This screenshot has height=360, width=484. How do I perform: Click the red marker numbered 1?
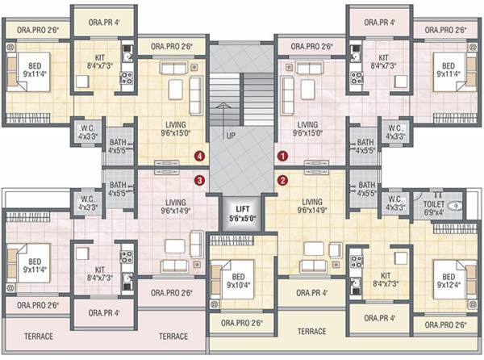[282, 152]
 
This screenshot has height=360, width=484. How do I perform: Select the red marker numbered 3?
[201, 180]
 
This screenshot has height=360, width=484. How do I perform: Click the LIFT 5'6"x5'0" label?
[241, 213]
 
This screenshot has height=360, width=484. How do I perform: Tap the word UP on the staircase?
[230, 136]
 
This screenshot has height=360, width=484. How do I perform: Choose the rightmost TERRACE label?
[311, 331]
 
